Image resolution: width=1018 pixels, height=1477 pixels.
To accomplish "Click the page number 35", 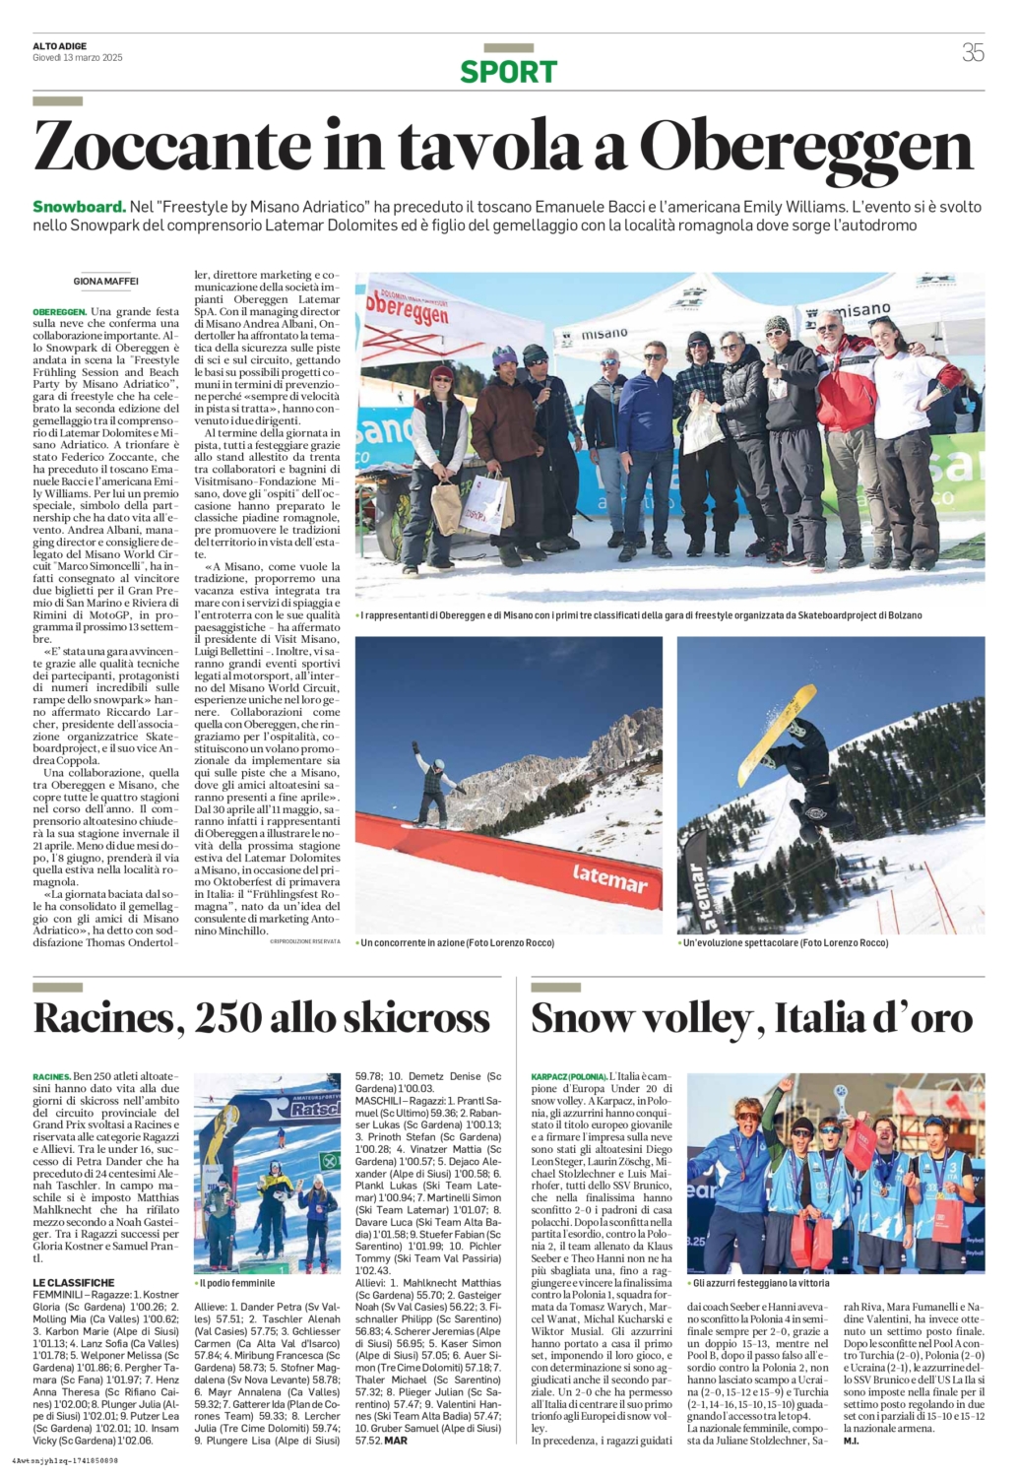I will pos(972,53).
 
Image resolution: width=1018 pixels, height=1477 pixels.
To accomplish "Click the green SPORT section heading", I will pos(508,72).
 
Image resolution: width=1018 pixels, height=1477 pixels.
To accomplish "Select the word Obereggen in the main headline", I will pos(806,148).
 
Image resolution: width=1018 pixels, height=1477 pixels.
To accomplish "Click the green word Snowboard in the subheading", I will pos(79,207).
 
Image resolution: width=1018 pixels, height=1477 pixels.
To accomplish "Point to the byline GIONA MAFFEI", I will pos(106,282).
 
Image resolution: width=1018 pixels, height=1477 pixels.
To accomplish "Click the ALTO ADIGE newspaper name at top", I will pos(60,46).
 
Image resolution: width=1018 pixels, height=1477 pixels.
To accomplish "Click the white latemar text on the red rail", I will pos(609,875).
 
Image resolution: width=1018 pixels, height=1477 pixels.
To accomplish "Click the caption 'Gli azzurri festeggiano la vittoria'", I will pos(761,1283).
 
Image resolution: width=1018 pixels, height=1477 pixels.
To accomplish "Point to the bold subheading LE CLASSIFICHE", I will pos(74,1282).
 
